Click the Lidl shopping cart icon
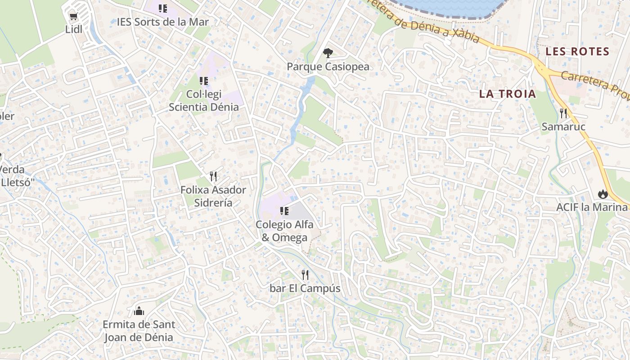pos(73,17)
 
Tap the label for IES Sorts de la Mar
pos(162,22)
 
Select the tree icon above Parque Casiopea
pos(328,53)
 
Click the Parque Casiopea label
pos(328,67)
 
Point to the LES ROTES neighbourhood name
pos(577,51)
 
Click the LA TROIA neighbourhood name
pos(508,94)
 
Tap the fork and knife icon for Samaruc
pos(563,113)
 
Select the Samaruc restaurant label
pos(563,126)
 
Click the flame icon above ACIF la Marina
pos(603,194)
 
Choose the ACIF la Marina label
pos(592,207)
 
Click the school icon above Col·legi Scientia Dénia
pos(203,81)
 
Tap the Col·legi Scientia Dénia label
pos(203,101)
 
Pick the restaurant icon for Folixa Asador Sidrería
pos(213,176)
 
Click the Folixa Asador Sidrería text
pos(213,196)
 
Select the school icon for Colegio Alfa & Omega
pos(284,211)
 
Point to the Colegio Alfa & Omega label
pos(284,231)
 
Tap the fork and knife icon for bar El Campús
pos(305,274)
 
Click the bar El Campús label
pos(305,288)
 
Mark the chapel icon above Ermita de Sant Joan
pos(139,311)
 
